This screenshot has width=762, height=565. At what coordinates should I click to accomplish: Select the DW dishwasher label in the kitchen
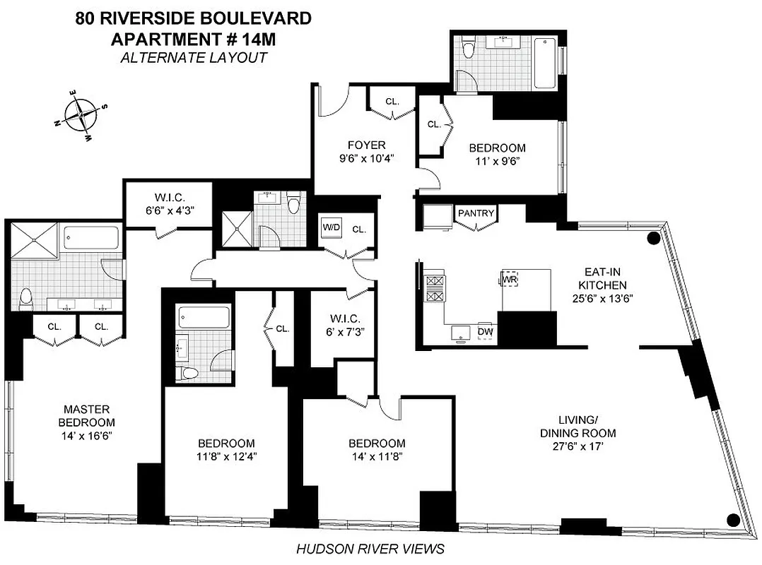coord(485,331)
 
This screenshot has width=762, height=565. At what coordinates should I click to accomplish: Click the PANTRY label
coord(476,213)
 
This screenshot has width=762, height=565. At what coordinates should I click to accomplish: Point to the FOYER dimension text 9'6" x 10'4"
coord(365,159)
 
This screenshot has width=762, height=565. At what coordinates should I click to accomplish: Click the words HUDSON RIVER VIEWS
coord(370,548)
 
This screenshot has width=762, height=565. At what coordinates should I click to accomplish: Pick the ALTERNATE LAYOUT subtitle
coord(193,57)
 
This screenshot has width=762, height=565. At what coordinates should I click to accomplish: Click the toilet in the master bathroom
coord(26,299)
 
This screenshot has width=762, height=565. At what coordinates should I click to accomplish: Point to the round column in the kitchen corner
coord(654,239)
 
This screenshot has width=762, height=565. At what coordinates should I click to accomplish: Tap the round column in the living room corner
coord(733,521)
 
